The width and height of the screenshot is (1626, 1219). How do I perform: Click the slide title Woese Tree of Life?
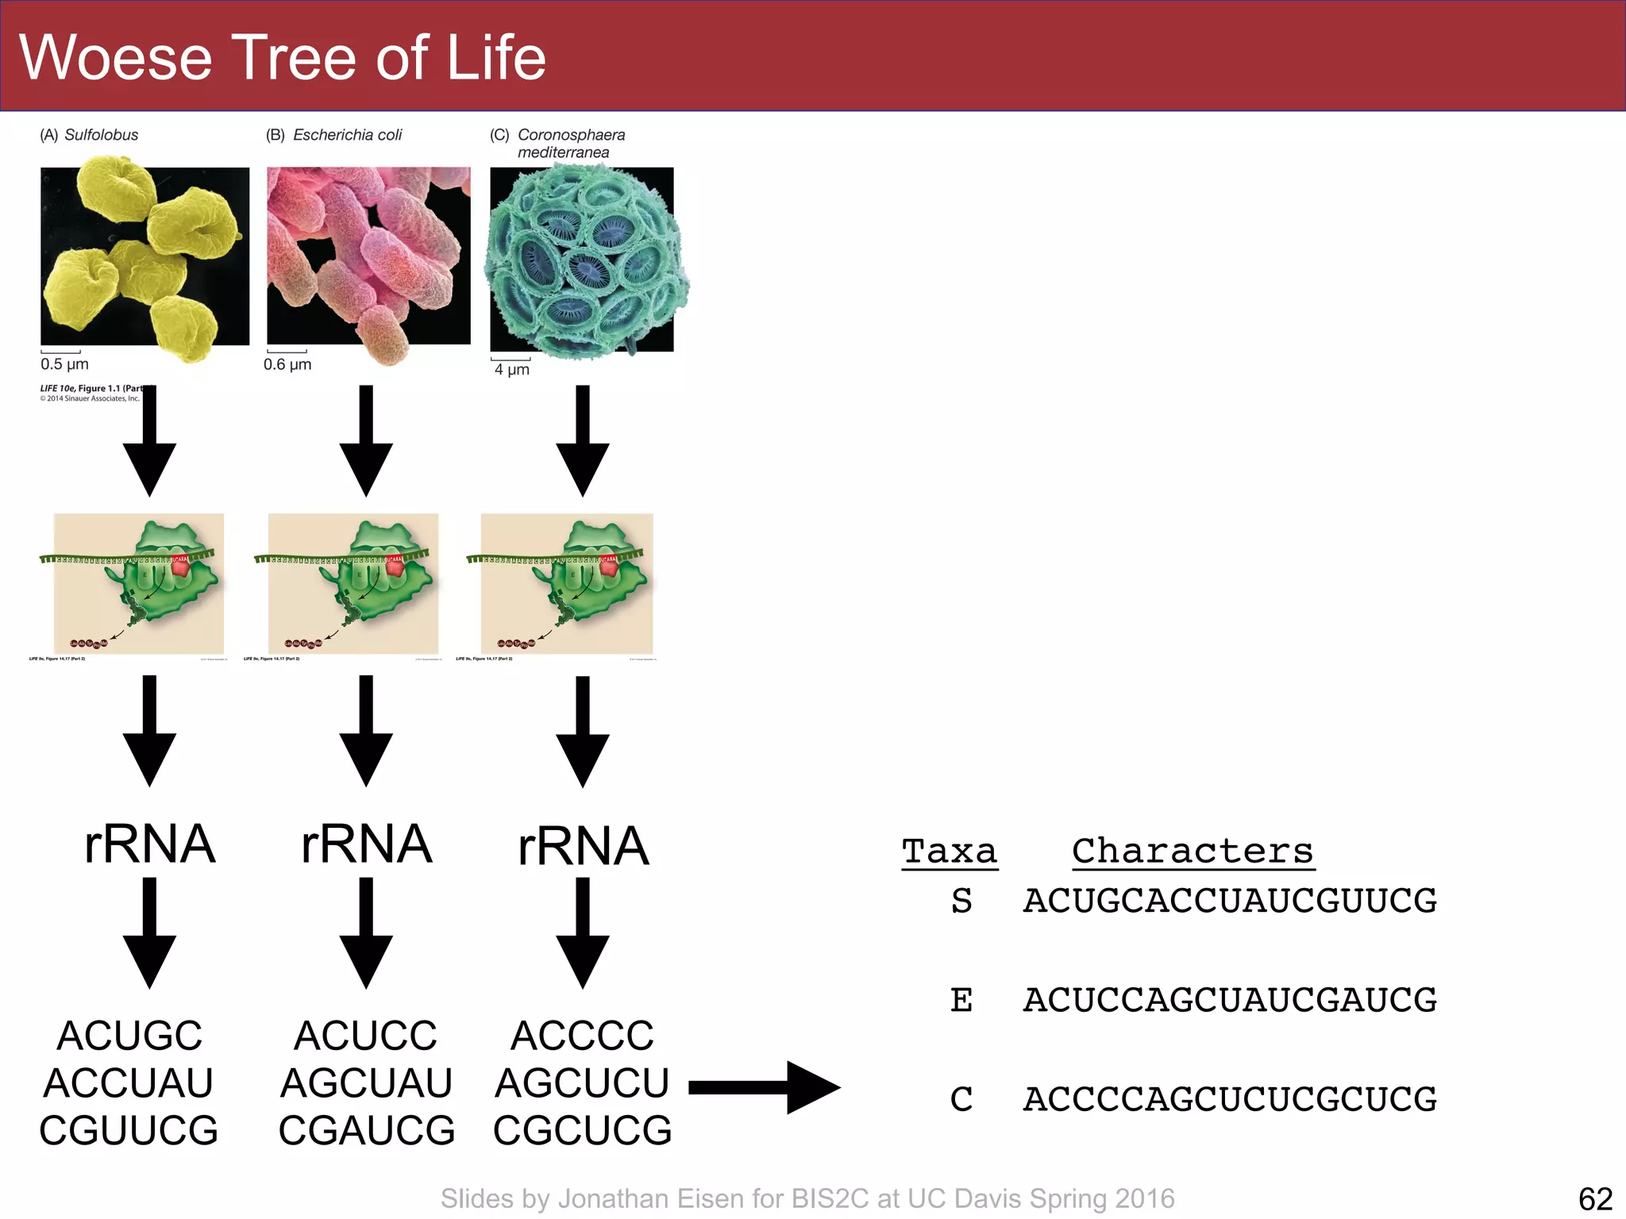282,57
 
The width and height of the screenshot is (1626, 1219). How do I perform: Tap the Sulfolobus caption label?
101,135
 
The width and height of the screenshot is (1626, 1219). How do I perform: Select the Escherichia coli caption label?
347,135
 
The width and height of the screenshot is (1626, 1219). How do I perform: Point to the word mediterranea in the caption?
563,152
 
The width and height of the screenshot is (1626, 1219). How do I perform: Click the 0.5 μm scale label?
64,364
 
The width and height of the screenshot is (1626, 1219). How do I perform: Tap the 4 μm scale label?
511,369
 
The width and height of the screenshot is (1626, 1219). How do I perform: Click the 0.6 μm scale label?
287,364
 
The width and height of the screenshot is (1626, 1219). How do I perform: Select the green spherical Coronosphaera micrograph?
584,260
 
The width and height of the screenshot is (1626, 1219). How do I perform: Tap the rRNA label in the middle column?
366,844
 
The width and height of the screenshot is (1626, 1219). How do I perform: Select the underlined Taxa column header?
949,852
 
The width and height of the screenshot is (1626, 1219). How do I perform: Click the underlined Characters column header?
1193,852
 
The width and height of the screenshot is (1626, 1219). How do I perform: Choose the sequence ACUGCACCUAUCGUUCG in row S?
1229,901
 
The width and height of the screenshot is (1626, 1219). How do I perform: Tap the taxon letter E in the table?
961,1000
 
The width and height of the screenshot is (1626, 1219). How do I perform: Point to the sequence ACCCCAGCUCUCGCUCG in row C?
1229,1099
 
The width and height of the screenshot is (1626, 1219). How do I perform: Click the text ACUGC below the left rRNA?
129,1036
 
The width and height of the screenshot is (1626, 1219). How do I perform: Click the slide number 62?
1595,1198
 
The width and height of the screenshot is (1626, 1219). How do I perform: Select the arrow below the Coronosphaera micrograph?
583,440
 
